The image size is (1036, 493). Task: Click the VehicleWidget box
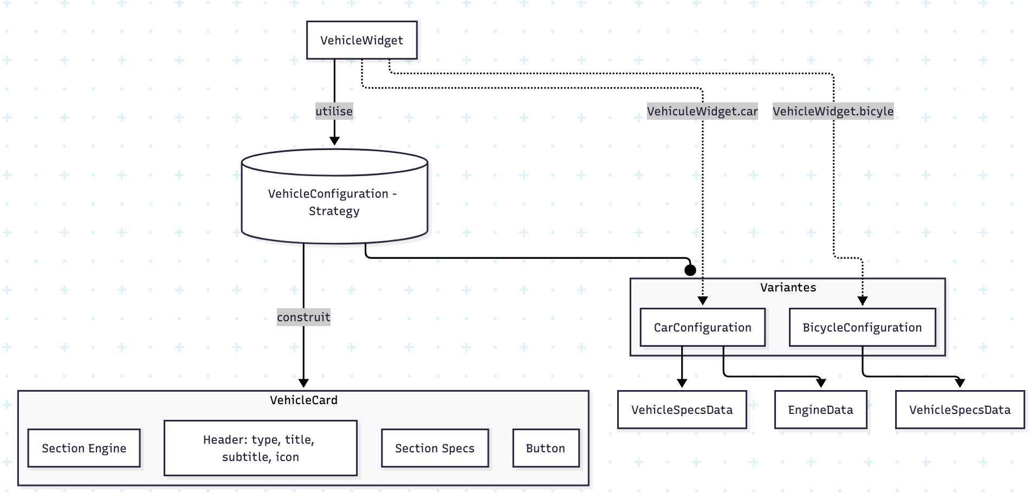(361, 40)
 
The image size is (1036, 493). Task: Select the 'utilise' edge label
(334, 111)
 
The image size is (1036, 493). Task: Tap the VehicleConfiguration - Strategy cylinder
(334, 202)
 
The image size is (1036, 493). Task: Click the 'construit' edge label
(303, 317)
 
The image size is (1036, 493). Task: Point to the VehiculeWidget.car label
(702, 111)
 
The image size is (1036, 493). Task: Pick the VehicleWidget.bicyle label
(833, 111)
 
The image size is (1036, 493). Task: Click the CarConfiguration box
(702, 327)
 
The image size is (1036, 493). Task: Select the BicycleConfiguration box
(862, 327)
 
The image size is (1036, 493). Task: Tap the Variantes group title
(788, 288)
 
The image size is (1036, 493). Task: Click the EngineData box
(820, 410)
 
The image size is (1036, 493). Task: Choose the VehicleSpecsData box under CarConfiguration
(682, 410)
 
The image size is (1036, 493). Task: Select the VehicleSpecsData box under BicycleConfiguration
(960, 410)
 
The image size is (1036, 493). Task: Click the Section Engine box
(84, 448)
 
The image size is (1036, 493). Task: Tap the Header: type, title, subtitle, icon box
(260, 448)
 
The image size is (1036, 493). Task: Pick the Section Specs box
(435, 448)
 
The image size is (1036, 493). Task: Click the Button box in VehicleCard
(545, 448)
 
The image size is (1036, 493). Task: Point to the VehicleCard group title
(303, 400)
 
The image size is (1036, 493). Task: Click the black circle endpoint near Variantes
(690, 270)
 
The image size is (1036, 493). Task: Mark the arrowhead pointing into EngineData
(821, 383)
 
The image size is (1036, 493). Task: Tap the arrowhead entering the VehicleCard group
(303, 383)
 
